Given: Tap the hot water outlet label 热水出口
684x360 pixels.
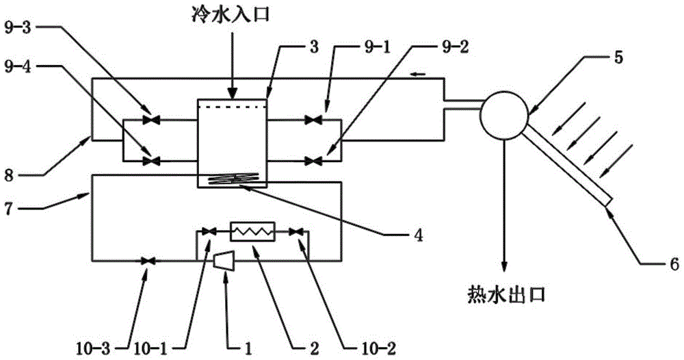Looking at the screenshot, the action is pyautogui.click(x=506, y=295).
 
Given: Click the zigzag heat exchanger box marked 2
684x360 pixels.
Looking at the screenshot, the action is pyautogui.click(x=252, y=232).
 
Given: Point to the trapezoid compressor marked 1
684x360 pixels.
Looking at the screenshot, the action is pyautogui.click(x=224, y=261).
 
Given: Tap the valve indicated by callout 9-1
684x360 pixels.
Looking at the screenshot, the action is pyautogui.click(x=313, y=120).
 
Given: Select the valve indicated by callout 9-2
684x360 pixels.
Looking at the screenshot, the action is pyautogui.click(x=313, y=162).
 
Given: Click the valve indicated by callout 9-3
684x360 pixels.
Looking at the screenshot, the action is pyautogui.click(x=152, y=120).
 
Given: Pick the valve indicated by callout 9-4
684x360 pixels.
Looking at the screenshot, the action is pyautogui.click(x=152, y=162).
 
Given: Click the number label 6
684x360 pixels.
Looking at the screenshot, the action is pyautogui.click(x=674, y=263).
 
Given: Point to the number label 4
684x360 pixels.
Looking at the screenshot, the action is pyautogui.click(x=418, y=235).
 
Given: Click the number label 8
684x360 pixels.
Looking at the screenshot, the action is pyautogui.click(x=8, y=175).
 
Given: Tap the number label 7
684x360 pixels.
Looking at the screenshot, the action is pyautogui.click(x=8, y=209).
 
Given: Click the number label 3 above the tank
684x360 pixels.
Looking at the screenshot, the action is pyautogui.click(x=314, y=47).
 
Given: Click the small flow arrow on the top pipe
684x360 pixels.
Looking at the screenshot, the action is pyautogui.click(x=417, y=74).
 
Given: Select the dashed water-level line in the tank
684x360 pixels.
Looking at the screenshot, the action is pyautogui.click(x=232, y=107).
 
